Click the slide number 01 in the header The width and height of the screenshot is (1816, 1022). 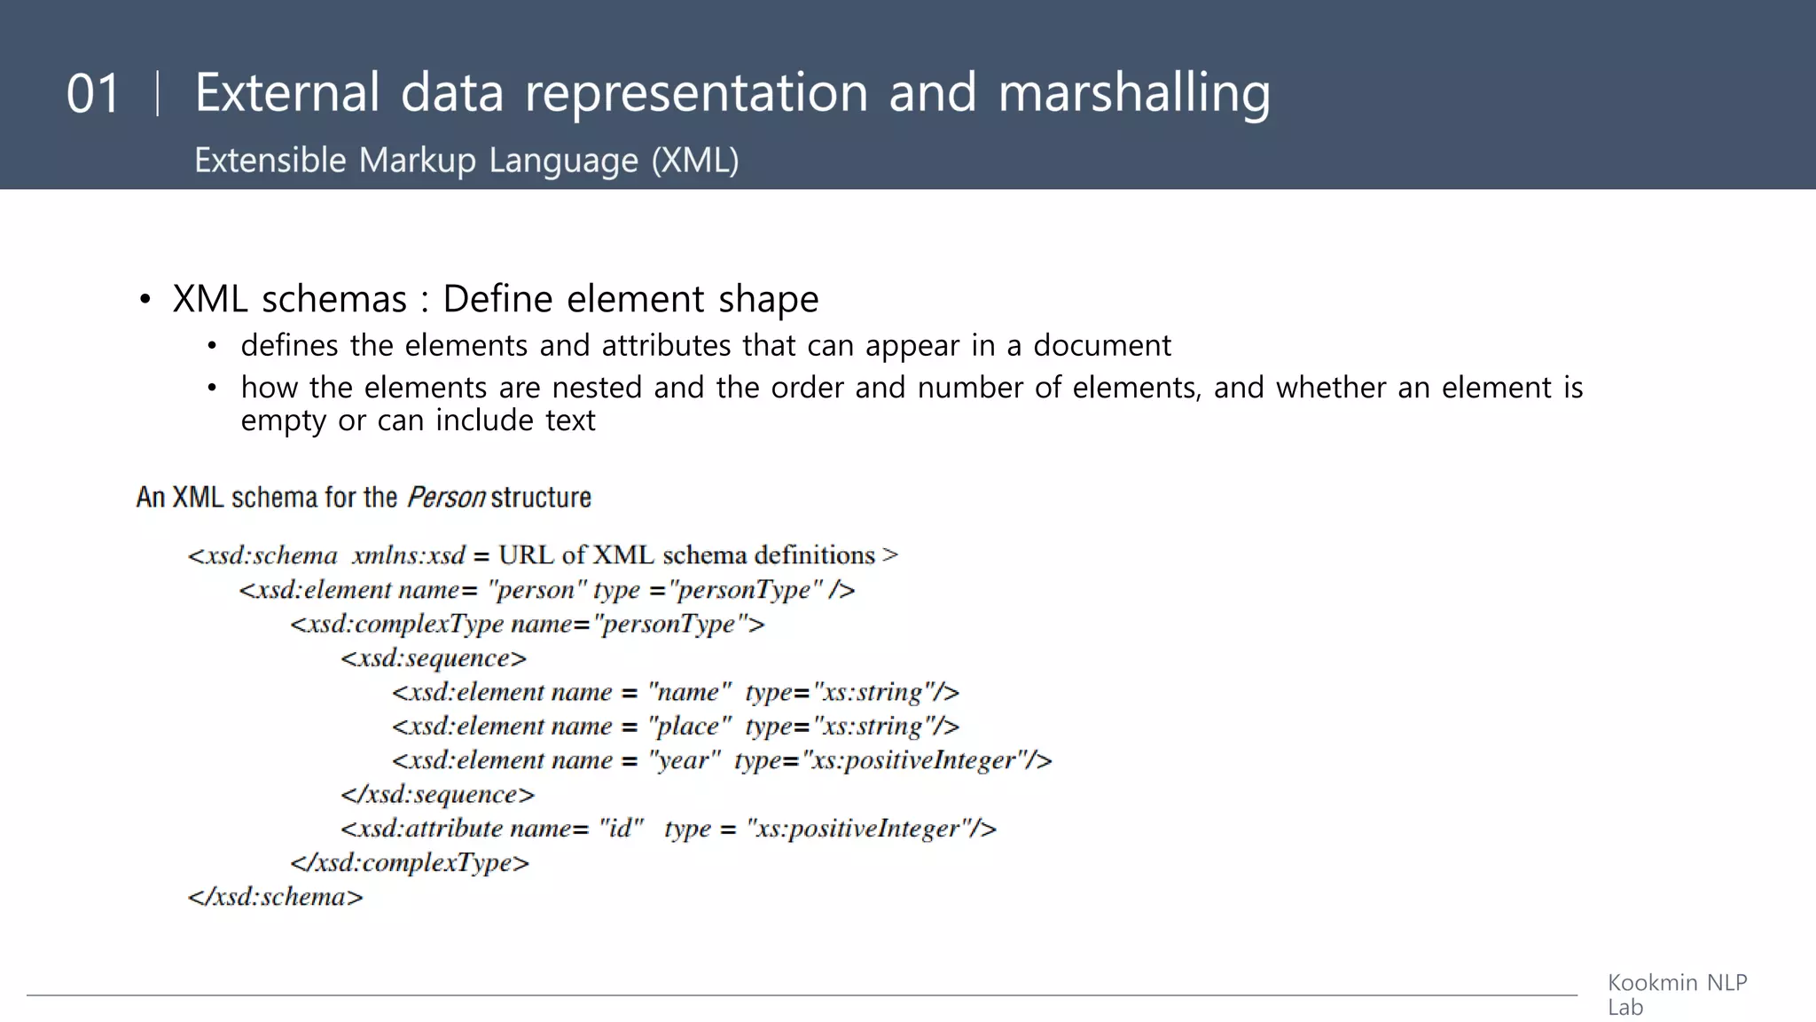[x=92, y=94]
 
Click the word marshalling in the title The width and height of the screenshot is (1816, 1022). [x=1134, y=94]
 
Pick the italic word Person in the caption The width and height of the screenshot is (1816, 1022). [x=446, y=498]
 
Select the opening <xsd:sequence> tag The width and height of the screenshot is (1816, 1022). [x=434, y=658]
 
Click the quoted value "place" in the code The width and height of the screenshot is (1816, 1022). [x=689, y=727]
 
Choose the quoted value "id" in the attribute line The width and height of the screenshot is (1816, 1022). [x=621, y=829]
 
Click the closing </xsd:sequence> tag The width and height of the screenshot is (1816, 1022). [x=438, y=795]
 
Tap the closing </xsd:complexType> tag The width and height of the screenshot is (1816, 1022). [x=410, y=863]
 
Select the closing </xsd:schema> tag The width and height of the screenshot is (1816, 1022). [x=276, y=897]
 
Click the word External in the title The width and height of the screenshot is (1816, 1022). [x=287, y=94]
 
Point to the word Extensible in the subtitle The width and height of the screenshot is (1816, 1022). [x=270, y=161]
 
